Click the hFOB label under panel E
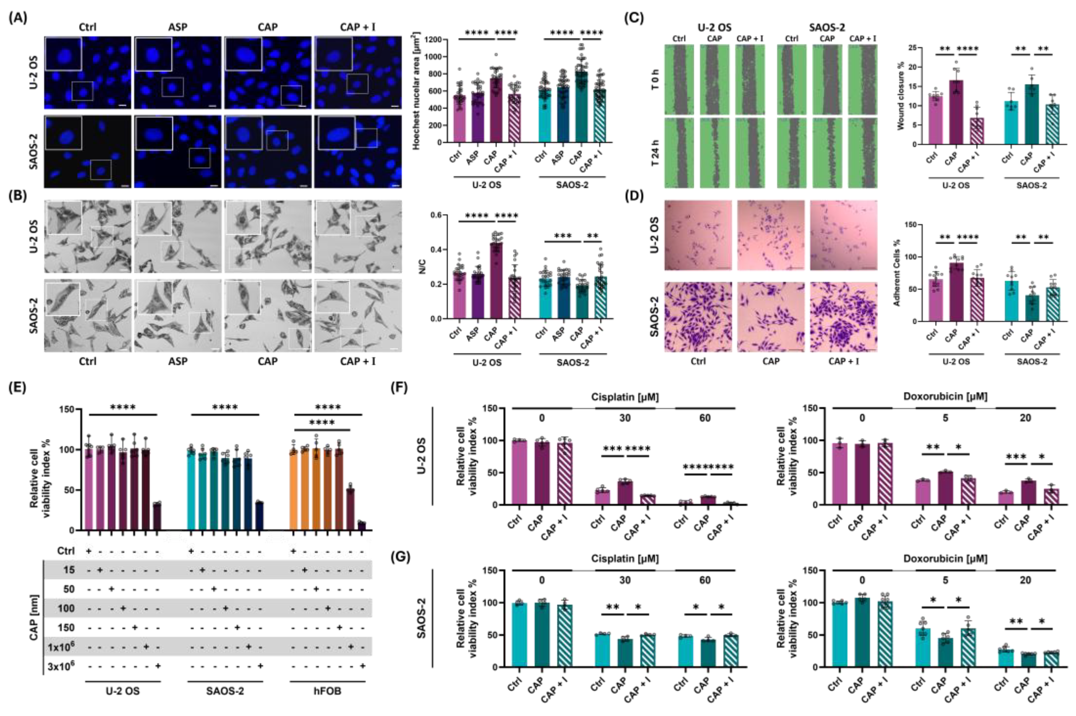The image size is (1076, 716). tap(327, 691)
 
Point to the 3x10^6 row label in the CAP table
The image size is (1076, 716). tap(61, 666)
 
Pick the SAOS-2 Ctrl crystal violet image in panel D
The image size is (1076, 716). tap(698, 316)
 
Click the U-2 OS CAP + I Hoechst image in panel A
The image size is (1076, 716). tap(358, 73)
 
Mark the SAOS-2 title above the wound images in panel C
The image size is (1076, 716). tap(827, 27)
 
